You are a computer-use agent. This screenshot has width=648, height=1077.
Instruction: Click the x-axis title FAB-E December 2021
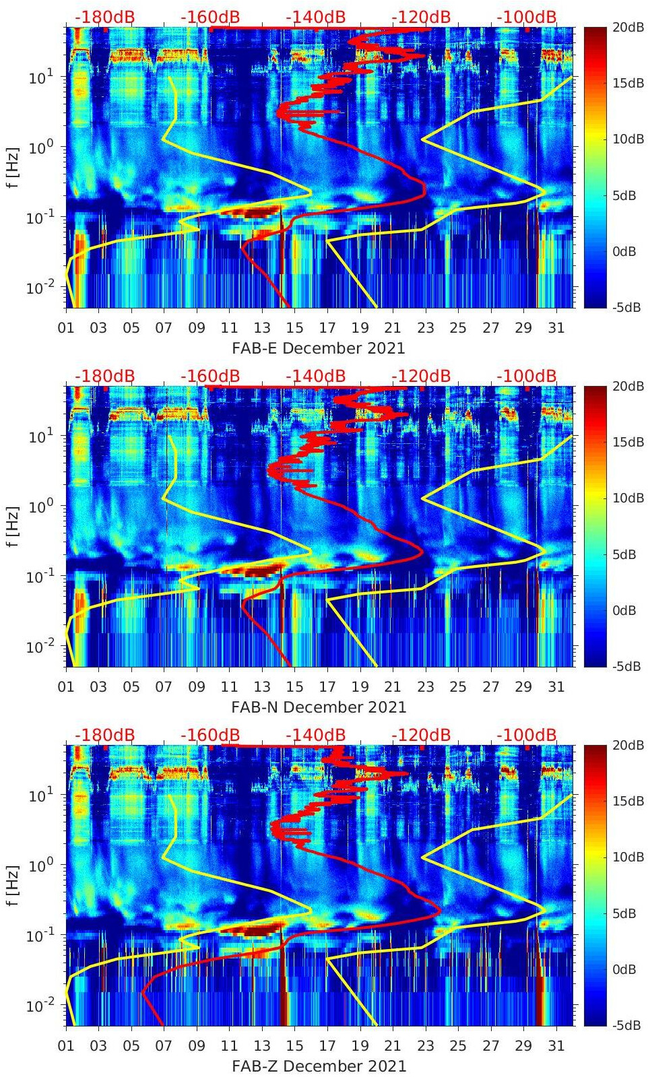319,348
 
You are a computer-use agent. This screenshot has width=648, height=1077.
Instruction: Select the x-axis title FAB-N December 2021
319,707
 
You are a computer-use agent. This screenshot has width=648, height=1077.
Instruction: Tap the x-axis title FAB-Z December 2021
319,1066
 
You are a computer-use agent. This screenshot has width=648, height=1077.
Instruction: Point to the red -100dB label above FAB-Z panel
527,735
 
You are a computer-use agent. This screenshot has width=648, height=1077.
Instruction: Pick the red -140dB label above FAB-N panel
315,376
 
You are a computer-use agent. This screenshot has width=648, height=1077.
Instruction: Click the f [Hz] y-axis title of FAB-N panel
13,526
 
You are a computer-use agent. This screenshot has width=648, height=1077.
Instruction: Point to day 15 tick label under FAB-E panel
294,328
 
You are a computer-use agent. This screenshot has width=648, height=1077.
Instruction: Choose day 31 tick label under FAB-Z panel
556,1046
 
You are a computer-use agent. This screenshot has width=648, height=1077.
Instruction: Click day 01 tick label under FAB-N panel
66,687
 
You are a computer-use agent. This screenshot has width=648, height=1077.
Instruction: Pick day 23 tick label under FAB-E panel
425,328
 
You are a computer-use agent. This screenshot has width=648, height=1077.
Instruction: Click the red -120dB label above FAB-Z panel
421,735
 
